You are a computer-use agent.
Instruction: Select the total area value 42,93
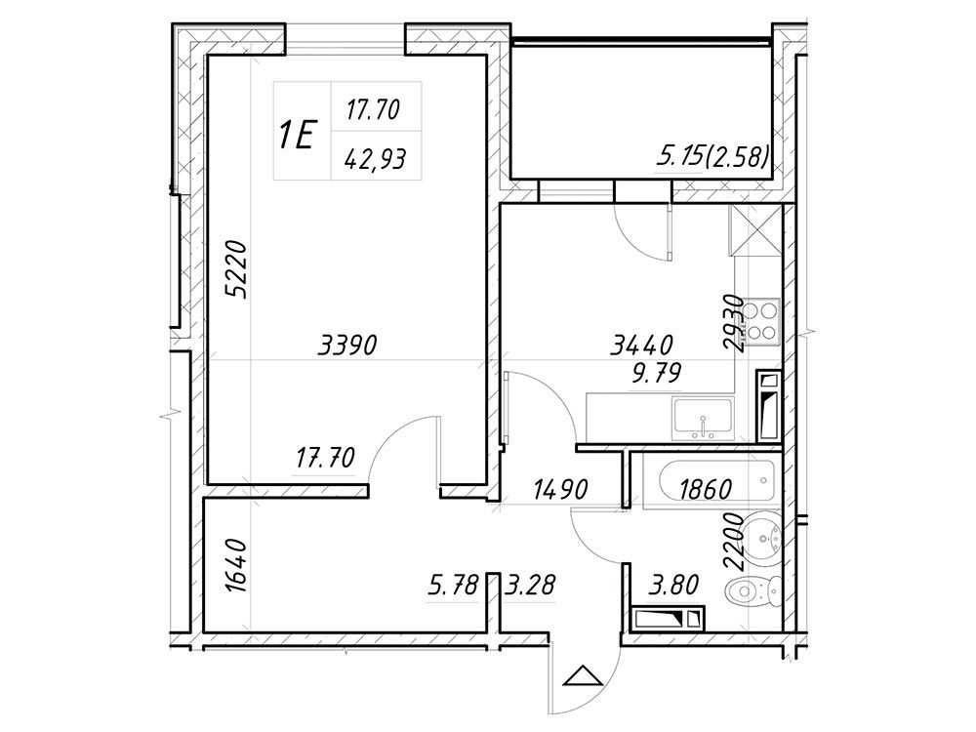[x=376, y=160]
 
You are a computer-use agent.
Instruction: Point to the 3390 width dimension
[x=347, y=345]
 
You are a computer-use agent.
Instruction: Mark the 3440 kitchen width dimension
[x=642, y=345]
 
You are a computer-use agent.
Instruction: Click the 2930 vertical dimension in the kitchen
[x=735, y=323]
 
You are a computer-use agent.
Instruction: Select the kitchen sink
[x=702, y=419]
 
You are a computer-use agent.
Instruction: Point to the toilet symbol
[x=753, y=592]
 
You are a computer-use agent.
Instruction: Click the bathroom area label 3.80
[x=673, y=585]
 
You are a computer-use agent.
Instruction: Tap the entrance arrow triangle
[x=583, y=675]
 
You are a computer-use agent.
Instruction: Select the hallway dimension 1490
[x=560, y=490]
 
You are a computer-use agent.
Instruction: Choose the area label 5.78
[x=454, y=585]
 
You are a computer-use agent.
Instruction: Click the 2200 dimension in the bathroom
[x=735, y=542]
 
